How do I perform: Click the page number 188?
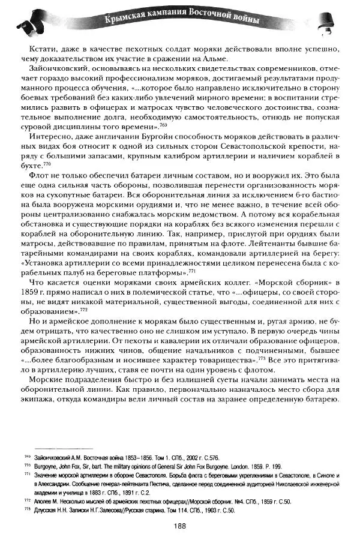179,525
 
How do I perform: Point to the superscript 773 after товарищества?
262,358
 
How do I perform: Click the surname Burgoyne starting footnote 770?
37,466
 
